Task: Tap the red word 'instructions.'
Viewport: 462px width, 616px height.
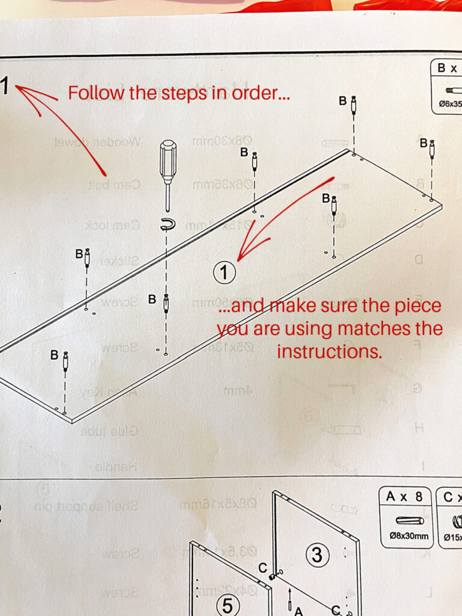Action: pyautogui.click(x=330, y=351)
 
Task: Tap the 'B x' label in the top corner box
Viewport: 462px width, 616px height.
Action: pyautogui.click(x=448, y=68)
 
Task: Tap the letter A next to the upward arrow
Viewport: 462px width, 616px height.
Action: pyautogui.click(x=297, y=611)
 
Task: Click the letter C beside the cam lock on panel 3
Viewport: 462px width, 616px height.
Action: pyautogui.click(x=262, y=567)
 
